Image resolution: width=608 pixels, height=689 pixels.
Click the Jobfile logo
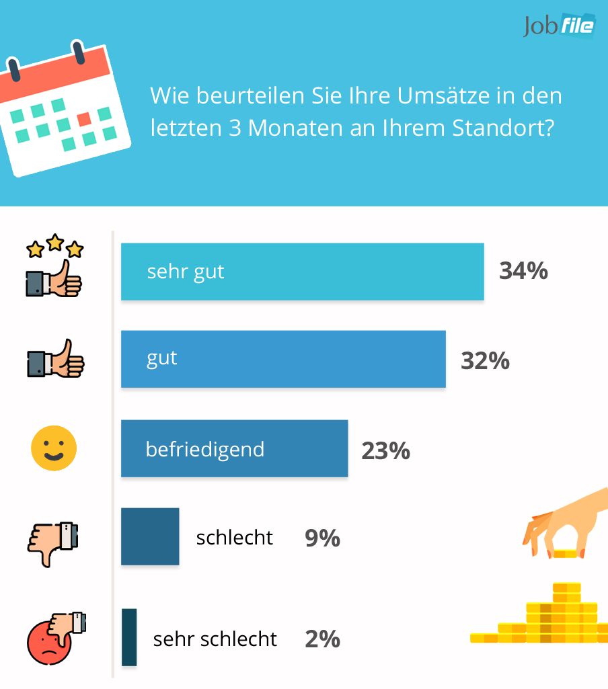[x=558, y=26]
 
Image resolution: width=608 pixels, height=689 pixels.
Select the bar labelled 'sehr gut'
[x=302, y=272]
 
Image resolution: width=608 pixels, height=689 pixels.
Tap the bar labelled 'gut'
[x=283, y=359]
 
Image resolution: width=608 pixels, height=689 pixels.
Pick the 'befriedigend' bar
[x=234, y=448]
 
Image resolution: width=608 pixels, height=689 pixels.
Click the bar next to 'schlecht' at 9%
[x=150, y=536]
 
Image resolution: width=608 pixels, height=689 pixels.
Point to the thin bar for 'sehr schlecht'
[x=129, y=637]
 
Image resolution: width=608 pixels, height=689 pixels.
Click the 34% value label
[x=523, y=271]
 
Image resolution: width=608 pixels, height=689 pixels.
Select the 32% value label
[x=485, y=361]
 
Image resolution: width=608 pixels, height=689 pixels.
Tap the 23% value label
[x=385, y=450]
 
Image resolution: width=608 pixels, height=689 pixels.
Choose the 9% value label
[x=322, y=538]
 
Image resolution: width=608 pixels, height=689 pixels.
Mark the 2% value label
[x=322, y=639]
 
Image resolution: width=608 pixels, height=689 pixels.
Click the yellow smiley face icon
[x=54, y=448]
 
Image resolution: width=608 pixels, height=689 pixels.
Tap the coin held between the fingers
[x=564, y=553]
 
